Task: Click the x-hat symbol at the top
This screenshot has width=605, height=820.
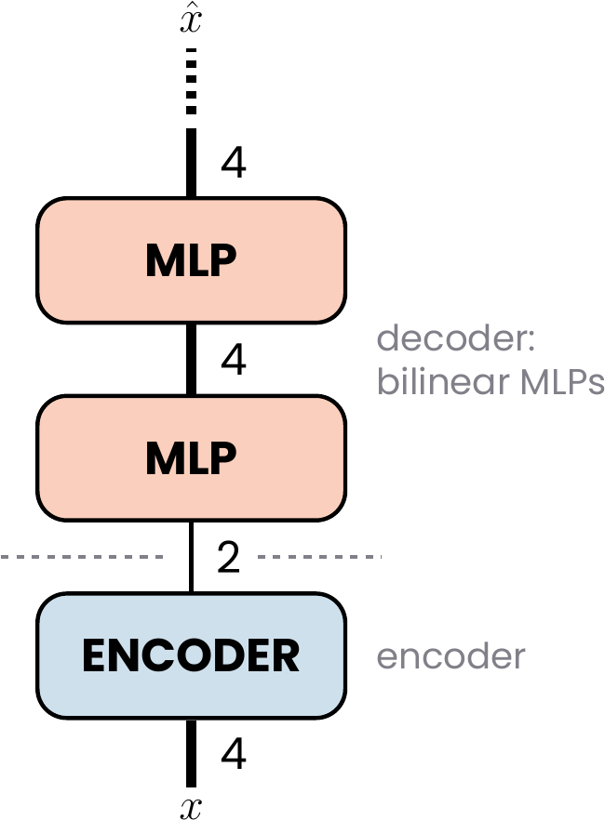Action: tap(191, 19)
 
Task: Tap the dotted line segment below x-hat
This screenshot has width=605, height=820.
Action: tap(191, 82)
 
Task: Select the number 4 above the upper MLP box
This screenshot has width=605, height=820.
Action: tap(234, 163)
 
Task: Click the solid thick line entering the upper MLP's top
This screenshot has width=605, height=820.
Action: tap(191, 163)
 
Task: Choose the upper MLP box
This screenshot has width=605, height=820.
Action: tap(191, 260)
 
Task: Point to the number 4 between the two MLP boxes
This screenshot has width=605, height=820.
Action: tap(234, 360)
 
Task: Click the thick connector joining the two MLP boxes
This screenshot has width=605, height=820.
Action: tap(191, 359)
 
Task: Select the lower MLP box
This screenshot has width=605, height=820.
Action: tap(191, 458)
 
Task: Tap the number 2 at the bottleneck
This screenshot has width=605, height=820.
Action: tap(229, 558)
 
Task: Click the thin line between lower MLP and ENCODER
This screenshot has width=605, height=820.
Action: tap(191, 557)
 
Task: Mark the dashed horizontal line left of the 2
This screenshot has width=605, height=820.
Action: tap(82, 557)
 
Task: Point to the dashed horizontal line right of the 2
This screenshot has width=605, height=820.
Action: tap(320, 557)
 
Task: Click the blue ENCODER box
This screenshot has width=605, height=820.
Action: tap(191, 655)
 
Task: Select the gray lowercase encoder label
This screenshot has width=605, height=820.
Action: tap(450, 656)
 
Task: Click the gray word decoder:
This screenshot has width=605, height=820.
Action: tap(456, 337)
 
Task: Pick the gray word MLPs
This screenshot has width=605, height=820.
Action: tap(562, 382)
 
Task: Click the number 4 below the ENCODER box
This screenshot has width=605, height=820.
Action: tap(234, 754)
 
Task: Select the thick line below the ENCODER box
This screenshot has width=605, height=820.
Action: tap(191, 753)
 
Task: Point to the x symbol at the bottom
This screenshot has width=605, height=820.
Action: tap(191, 808)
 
